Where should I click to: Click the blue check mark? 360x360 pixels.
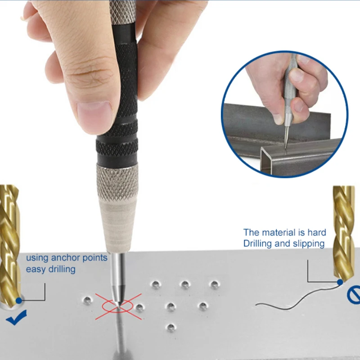point(16,318)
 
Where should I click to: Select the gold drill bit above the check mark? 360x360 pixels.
point(9,243)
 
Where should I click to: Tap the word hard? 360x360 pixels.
point(317,233)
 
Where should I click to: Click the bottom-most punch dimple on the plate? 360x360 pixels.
point(170,327)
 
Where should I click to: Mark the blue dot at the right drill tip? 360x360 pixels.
point(339,282)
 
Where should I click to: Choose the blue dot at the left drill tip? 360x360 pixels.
point(18,300)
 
